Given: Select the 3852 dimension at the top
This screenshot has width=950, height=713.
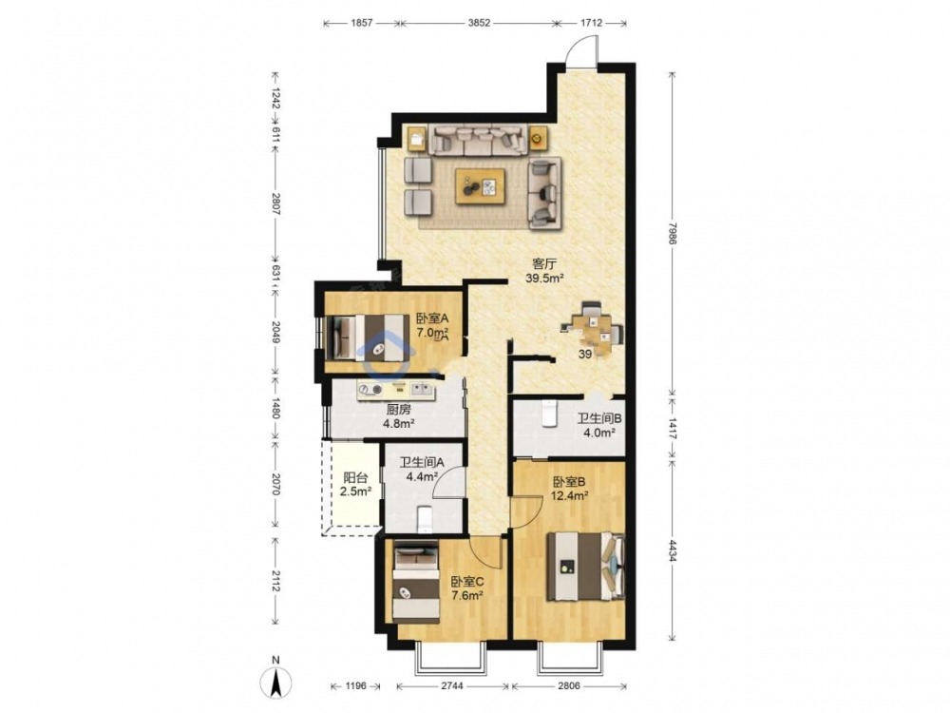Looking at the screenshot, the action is click(479, 23).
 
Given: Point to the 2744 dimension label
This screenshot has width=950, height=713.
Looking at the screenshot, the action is click(452, 685).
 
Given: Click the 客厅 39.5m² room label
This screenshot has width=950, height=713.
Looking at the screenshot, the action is click(544, 271).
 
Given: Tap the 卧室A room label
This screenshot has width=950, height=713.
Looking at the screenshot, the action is click(432, 318).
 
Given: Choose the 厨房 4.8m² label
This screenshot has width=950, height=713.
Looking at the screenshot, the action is click(398, 416).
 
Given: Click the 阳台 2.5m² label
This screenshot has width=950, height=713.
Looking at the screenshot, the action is click(355, 485).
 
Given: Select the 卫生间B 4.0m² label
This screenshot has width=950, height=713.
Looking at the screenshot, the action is click(599, 425).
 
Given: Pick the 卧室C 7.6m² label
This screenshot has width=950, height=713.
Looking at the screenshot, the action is click(467, 588).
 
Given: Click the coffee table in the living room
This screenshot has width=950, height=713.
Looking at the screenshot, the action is click(481, 186).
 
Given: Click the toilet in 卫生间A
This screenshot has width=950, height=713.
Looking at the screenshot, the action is click(426, 517).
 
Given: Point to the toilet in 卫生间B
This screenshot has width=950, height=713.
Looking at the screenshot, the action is click(549, 413).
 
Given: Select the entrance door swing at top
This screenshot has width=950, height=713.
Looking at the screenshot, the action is click(581, 49).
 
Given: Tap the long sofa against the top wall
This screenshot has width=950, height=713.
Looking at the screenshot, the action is click(478, 140).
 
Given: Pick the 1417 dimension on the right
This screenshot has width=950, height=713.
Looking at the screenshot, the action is click(672, 424).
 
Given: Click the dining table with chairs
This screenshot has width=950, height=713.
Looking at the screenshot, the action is click(593, 329).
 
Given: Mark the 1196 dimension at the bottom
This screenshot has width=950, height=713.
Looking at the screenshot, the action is click(356, 685).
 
